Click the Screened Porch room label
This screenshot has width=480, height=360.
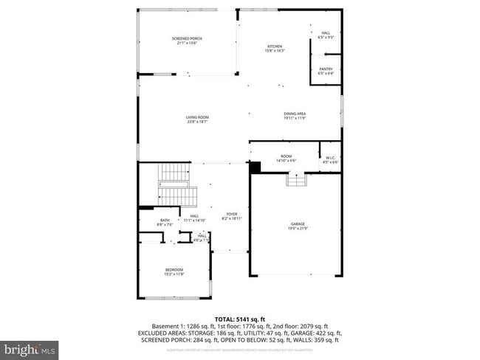(x=187, y=41)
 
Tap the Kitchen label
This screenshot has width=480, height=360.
(x=275, y=49)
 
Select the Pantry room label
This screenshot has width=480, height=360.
(x=326, y=71)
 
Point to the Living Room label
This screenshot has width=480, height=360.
(x=197, y=120)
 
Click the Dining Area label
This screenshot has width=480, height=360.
(x=295, y=116)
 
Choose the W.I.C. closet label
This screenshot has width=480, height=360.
(x=331, y=159)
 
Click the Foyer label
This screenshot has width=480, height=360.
(x=231, y=217)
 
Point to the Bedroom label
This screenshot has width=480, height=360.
(x=174, y=271)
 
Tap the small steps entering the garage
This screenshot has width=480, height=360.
(x=295, y=180)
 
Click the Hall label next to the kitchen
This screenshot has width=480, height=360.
(x=326, y=35)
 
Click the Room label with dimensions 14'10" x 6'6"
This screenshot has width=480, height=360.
(x=286, y=159)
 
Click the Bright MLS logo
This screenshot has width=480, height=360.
(x=30, y=347)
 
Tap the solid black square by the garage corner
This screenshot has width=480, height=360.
(x=255, y=167)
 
